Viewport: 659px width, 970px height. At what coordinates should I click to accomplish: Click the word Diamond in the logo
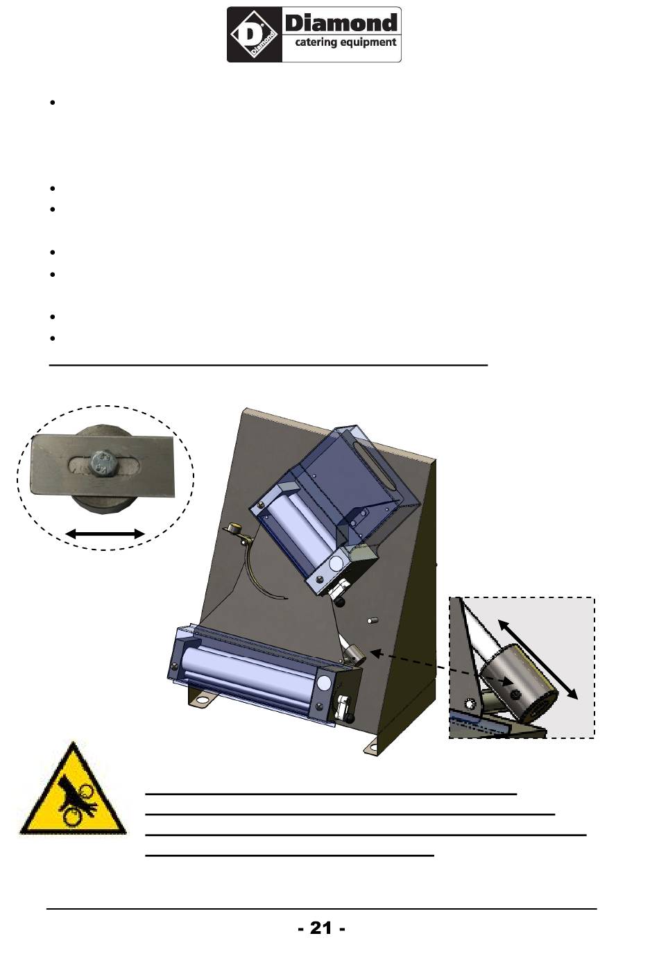click(x=341, y=23)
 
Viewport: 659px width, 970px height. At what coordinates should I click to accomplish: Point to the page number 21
click(x=321, y=928)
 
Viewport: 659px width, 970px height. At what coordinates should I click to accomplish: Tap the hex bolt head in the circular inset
click(x=103, y=463)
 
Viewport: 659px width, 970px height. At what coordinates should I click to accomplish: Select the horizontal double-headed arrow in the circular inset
click(x=105, y=534)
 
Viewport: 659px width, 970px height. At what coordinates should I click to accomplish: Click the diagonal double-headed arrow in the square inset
click(x=538, y=660)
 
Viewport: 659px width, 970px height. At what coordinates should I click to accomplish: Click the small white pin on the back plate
click(x=372, y=621)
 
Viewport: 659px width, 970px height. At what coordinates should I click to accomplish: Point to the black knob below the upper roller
click(x=341, y=602)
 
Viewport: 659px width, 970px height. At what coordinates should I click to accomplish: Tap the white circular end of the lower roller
click(x=323, y=683)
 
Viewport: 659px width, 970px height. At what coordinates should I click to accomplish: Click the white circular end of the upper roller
click(x=336, y=563)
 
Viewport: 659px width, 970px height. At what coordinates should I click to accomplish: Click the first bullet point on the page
click(x=53, y=103)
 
